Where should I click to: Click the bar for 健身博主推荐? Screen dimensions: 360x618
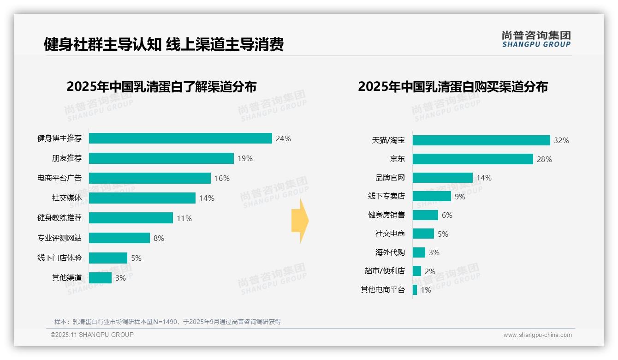pos(180,138)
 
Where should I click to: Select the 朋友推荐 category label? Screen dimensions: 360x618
pos(66,158)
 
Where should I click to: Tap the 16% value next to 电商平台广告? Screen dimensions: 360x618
pos(222,178)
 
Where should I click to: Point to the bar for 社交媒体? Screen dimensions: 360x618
pos(142,198)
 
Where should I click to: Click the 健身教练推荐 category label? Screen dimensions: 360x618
pos(59,218)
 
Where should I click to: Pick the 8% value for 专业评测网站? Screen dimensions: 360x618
pos(159,238)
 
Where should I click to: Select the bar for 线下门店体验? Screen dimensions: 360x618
pos(108,258)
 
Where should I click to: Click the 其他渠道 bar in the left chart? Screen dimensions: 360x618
pos(100,278)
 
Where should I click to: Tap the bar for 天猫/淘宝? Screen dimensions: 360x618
pos(481,140)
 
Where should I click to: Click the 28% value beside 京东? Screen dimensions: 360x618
pos(544,159)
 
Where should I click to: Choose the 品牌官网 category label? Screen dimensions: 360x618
pos(390,178)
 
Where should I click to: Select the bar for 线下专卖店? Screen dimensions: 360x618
pos(432,196)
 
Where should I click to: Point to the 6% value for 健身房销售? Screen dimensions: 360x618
pos(447,215)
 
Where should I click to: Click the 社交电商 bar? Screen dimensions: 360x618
pos(423,234)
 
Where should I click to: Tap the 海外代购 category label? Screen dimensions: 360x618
pos(390,252)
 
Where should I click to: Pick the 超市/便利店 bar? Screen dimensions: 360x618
pos(417,271)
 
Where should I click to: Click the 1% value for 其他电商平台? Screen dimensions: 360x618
pos(426,290)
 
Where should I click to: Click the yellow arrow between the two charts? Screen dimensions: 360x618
pos(300,221)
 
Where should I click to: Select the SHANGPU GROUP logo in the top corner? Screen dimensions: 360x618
pos(536,39)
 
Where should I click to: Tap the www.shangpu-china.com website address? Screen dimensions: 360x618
pos(537,335)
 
